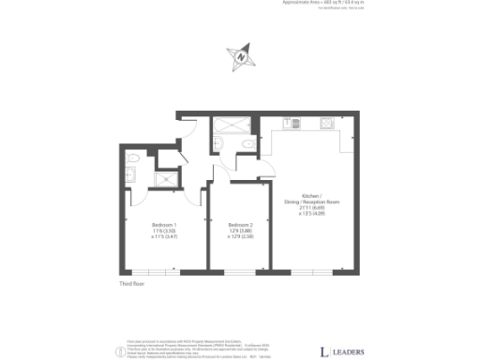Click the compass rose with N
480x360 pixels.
[x=244, y=55]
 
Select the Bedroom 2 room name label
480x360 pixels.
[x=240, y=226]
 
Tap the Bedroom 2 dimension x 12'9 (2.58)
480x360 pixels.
[x=240, y=237]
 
